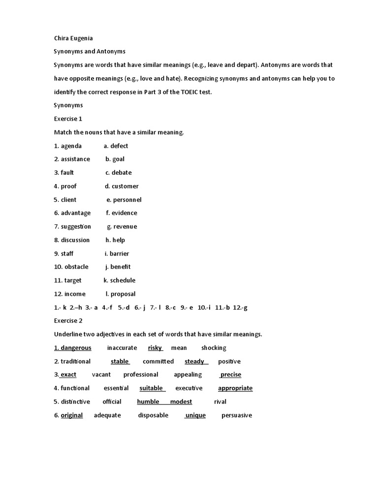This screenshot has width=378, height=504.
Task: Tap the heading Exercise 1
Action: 68,119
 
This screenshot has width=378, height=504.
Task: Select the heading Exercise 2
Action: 68,320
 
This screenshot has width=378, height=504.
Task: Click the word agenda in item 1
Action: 71,146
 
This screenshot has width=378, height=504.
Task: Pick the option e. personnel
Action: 124,199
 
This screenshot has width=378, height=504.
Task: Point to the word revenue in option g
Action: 125,226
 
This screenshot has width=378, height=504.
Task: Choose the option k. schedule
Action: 119,280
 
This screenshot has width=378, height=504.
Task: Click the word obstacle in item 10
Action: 76,267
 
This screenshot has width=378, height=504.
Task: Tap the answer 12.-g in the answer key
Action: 240,307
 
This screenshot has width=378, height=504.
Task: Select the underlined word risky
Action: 155,347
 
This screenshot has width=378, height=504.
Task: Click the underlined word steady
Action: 194,361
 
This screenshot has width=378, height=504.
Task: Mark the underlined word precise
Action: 231,375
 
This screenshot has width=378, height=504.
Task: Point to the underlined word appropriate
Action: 235,388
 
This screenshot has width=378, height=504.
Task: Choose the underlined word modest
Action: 181,402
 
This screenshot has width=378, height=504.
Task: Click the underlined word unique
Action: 195,415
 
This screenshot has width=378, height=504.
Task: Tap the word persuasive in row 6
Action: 237,415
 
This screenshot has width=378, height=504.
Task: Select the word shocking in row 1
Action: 214,347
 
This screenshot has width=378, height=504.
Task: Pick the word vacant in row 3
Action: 101,375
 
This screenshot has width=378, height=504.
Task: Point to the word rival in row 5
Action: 220,402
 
